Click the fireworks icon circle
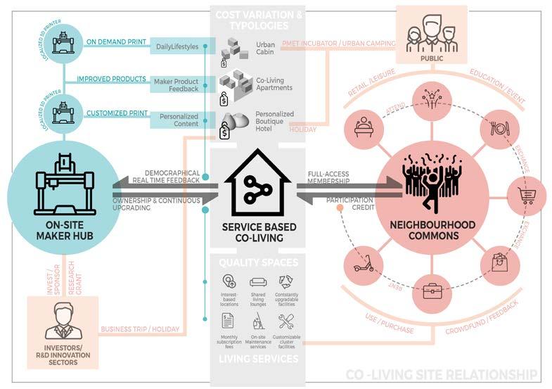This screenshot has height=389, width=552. (x=432, y=98)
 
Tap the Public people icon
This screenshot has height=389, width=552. (x=430, y=31)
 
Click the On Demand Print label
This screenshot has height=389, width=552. (x=116, y=42)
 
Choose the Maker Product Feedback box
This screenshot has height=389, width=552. (x=175, y=84)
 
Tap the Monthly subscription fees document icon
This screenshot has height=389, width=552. (x=228, y=321)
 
